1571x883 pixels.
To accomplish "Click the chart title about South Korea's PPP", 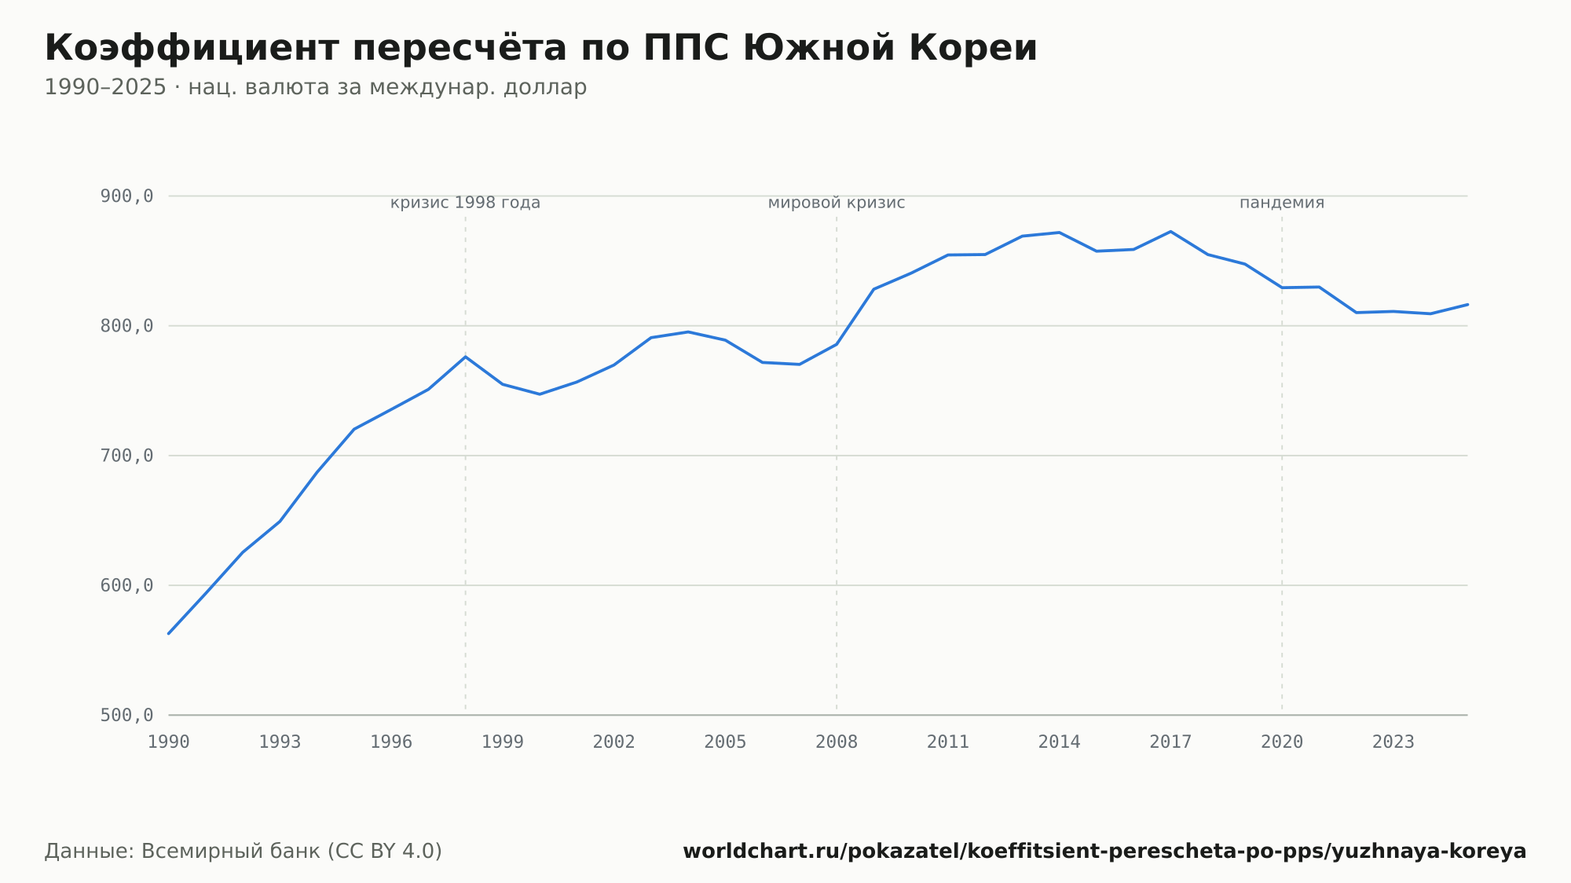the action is pyautogui.click(x=540, y=48).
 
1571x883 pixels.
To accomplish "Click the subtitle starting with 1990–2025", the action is pyautogui.click(x=316, y=87).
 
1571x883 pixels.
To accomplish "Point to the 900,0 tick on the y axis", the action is pyautogui.click(x=126, y=196).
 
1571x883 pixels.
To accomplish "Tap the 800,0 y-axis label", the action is pyautogui.click(x=126, y=326).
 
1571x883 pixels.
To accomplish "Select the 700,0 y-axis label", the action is pyautogui.click(x=126, y=456).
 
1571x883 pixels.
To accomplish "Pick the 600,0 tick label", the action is pyautogui.click(x=126, y=585).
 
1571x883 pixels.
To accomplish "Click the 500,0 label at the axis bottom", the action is pyautogui.click(x=126, y=715).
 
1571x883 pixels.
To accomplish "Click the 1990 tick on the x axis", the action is pyautogui.click(x=169, y=742).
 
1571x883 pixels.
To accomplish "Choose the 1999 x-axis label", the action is pyautogui.click(x=503, y=742).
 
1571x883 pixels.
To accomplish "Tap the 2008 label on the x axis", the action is pyautogui.click(x=837, y=742).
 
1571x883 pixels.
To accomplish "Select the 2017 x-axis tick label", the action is pyautogui.click(x=1170, y=742).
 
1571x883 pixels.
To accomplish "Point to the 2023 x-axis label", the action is pyautogui.click(x=1393, y=742).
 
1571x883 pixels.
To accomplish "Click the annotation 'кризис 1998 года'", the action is pyautogui.click(x=465, y=203).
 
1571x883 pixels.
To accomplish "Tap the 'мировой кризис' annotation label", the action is pyautogui.click(x=837, y=203).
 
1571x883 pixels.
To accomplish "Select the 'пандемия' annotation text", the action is pyautogui.click(x=1282, y=203).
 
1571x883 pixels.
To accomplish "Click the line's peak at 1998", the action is pyautogui.click(x=465, y=357).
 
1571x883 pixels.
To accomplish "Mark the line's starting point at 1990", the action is pyautogui.click(x=169, y=633).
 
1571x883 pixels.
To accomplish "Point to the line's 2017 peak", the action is pyautogui.click(x=1170, y=232).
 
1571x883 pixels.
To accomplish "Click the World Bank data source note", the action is pyautogui.click(x=244, y=852).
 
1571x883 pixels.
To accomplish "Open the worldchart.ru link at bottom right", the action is pyautogui.click(x=1104, y=852).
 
